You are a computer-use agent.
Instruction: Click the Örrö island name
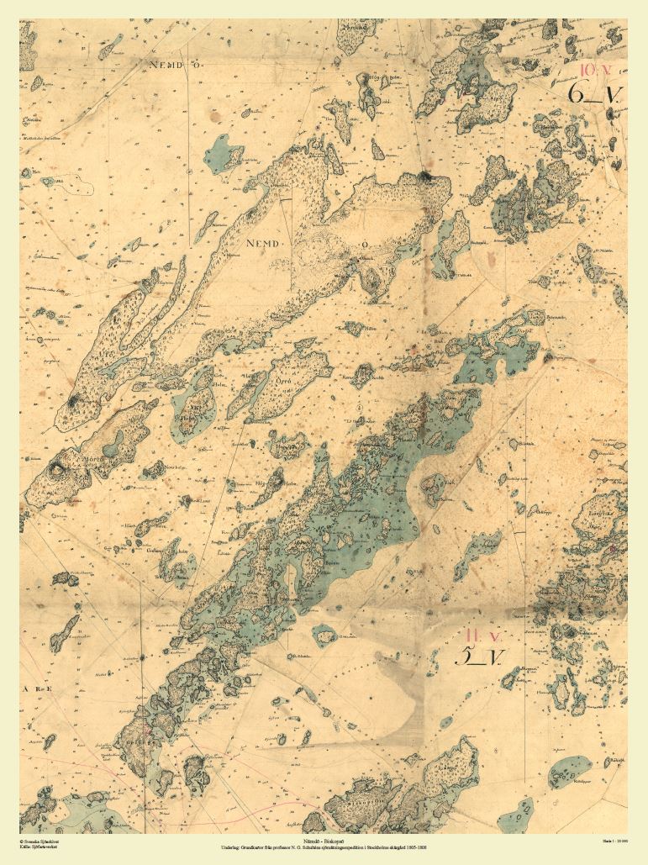(x=283, y=380)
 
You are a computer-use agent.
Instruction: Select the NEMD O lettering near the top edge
(x=169, y=63)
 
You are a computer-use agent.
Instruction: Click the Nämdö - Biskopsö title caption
(x=324, y=840)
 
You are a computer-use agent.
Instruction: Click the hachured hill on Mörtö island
(x=59, y=467)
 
